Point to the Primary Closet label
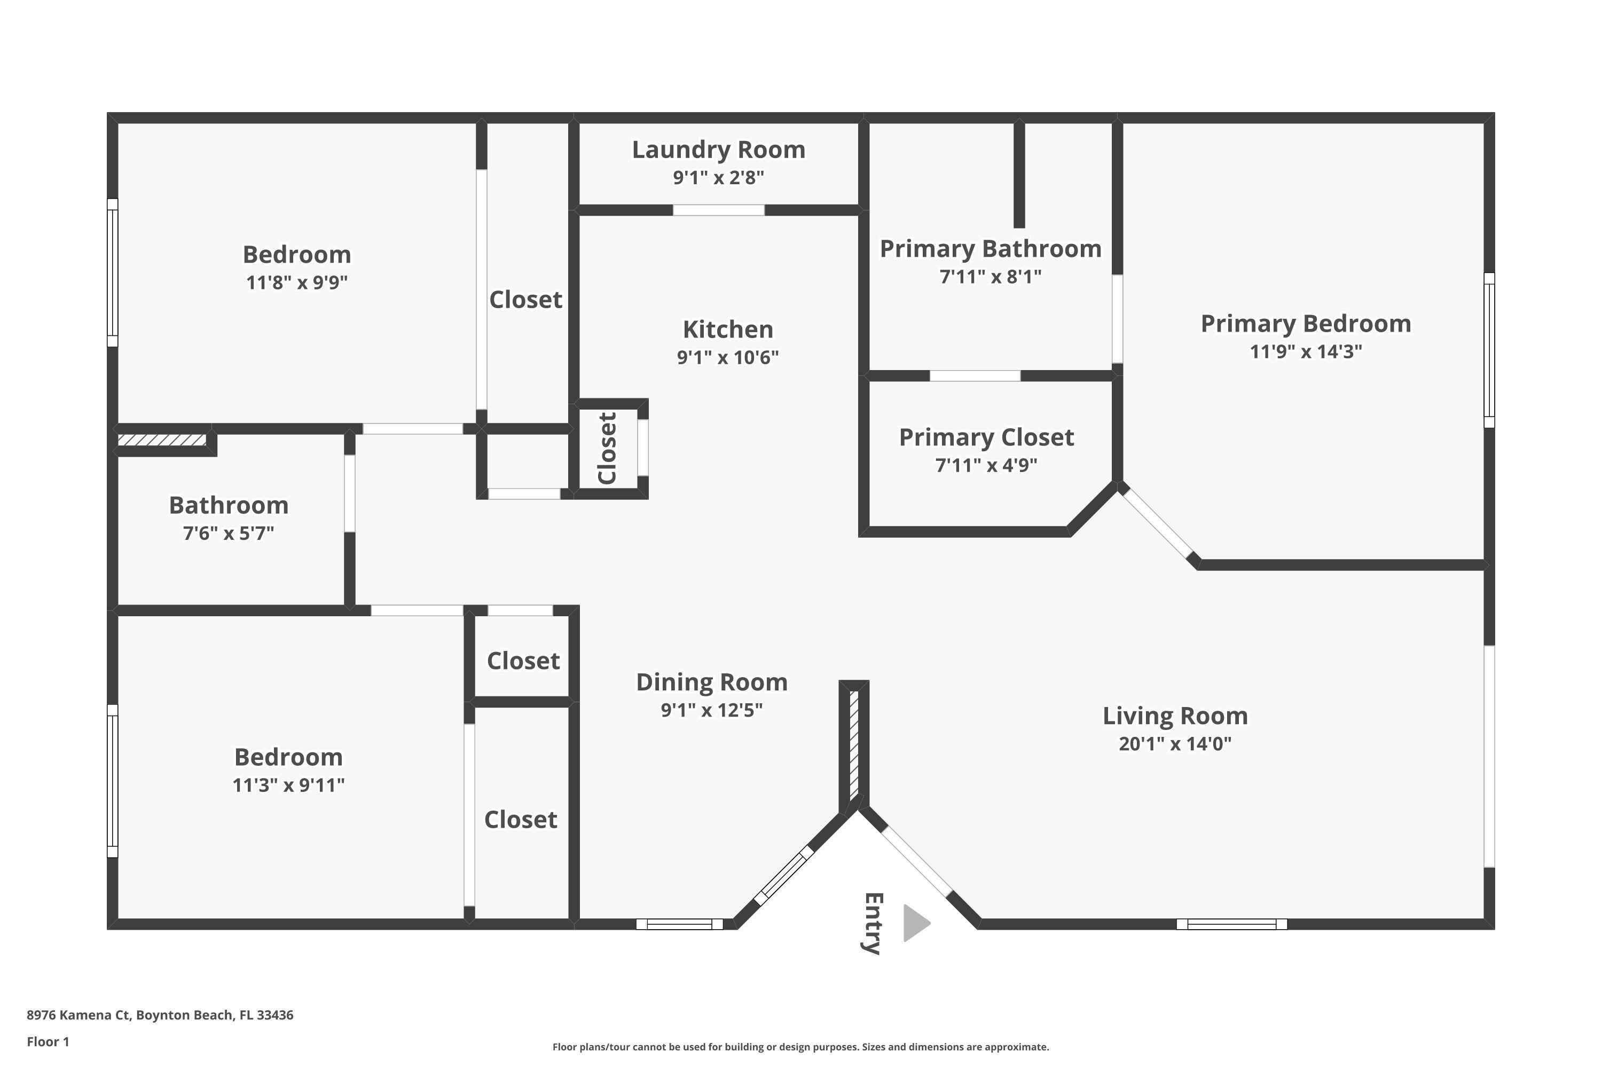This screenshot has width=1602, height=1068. tap(986, 437)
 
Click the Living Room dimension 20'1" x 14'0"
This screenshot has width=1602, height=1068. tap(1174, 744)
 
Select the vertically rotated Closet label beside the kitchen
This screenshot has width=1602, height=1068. tap(607, 447)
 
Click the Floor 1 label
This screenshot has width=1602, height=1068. tap(48, 1041)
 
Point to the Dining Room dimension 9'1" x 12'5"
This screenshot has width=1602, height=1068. tap(711, 710)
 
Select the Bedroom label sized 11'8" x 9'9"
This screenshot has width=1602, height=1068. tap(296, 255)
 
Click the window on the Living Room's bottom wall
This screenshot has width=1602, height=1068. tap(1231, 924)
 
